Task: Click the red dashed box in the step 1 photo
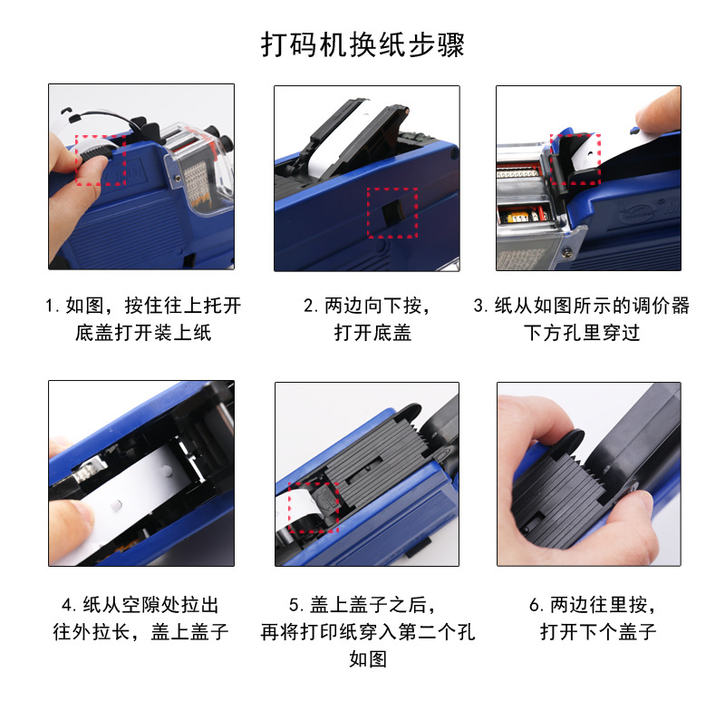pyautogui.click(x=99, y=160)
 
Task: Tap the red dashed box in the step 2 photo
pyautogui.click(x=391, y=213)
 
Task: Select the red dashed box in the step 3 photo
pyautogui.click(x=575, y=160)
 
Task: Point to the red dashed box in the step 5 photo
pyautogui.click(x=313, y=507)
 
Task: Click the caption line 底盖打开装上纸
pyautogui.click(x=143, y=333)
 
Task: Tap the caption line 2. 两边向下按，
pyautogui.click(x=367, y=306)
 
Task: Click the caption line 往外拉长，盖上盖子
pyautogui.click(x=140, y=632)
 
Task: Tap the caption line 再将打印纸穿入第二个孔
pyautogui.click(x=367, y=632)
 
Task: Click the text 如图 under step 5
pyautogui.click(x=367, y=659)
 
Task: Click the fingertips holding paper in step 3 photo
pyautogui.click(x=657, y=113)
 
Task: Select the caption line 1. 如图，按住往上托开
pyautogui.click(x=143, y=306)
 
